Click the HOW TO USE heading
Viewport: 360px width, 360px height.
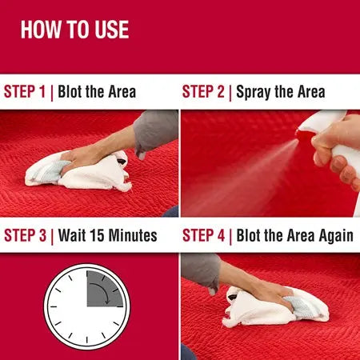(x=74, y=30)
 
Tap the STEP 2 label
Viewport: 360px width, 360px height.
(x=204, y=91)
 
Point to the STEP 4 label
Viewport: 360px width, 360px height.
(x=204, y=235)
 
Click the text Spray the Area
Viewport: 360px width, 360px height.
(x=279, y=91)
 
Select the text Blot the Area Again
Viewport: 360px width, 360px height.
(x=293, y=235)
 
